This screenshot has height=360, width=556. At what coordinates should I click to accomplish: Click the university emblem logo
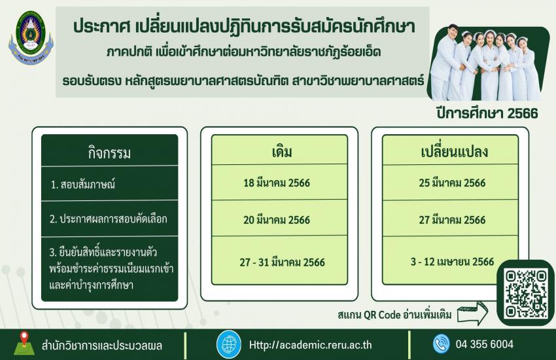coord(31,38)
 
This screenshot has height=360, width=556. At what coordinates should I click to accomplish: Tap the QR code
coord(527,293)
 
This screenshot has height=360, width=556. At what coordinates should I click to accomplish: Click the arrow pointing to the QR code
coord(472,314)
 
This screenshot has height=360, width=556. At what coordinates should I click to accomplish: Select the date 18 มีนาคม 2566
coord(277,183)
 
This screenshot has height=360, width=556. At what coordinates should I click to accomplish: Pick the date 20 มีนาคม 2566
coord(277,220)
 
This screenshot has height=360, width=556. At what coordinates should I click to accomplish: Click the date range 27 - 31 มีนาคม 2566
coord(283,262)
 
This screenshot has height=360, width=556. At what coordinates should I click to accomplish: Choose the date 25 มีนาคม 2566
coord(452,183)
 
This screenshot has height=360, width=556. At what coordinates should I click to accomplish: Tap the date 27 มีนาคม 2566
coord(452,220)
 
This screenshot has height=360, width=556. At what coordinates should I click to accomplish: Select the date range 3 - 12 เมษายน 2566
coord(452,262)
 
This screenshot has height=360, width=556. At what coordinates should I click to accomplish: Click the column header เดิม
coord(282,152)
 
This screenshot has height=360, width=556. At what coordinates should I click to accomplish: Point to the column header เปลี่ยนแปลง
coord(454,151)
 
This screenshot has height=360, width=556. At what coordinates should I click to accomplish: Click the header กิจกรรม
coord(110,153)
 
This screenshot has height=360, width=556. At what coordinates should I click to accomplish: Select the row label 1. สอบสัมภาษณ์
coord(83,185)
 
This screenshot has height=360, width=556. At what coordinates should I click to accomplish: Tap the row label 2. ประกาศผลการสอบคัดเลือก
coord(109,219)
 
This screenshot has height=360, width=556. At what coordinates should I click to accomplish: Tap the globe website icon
coord(229,344)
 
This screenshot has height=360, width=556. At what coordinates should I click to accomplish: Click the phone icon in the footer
coord(441,344)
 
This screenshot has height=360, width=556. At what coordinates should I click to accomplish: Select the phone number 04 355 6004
coord(484,344)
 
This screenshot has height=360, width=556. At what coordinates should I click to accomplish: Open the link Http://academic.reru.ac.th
coord(310,345)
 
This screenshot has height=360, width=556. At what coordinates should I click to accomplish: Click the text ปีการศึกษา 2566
coord(487,113)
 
